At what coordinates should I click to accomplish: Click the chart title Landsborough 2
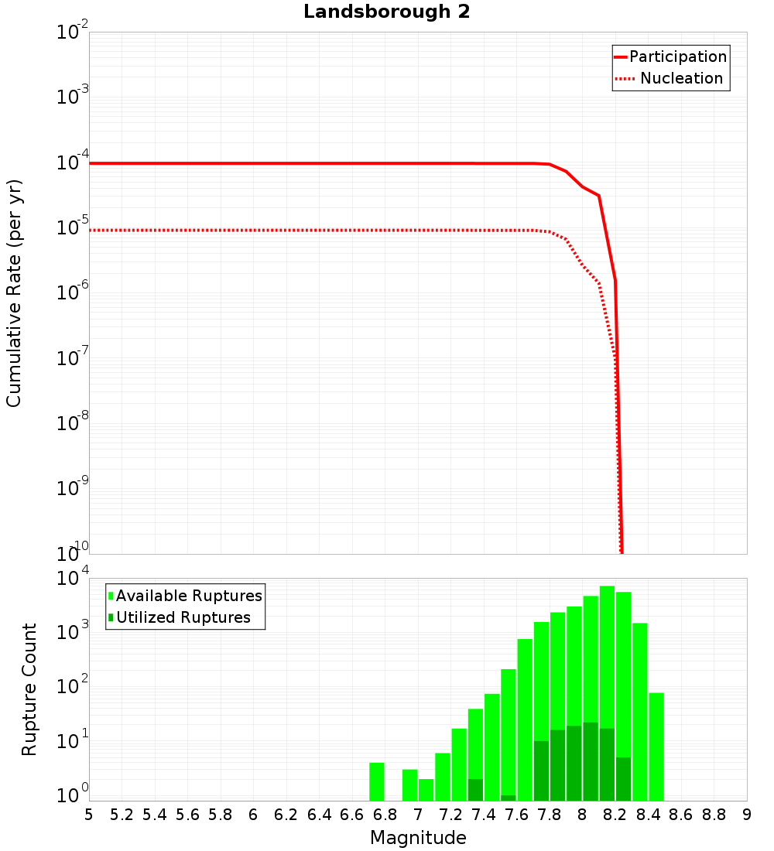pos(386,12)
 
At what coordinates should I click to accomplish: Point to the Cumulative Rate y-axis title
pos(14,292)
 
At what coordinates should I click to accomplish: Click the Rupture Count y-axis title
pos(29,689)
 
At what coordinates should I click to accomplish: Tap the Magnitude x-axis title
pos(418,838)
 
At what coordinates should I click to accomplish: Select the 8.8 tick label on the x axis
pos(714,815)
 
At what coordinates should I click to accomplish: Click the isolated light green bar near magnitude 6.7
pos(377,781)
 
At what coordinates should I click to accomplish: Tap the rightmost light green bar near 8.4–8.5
pos(656,747)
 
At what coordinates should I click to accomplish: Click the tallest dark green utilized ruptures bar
pos(591,761)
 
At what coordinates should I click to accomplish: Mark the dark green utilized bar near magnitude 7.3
pos(475,789)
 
